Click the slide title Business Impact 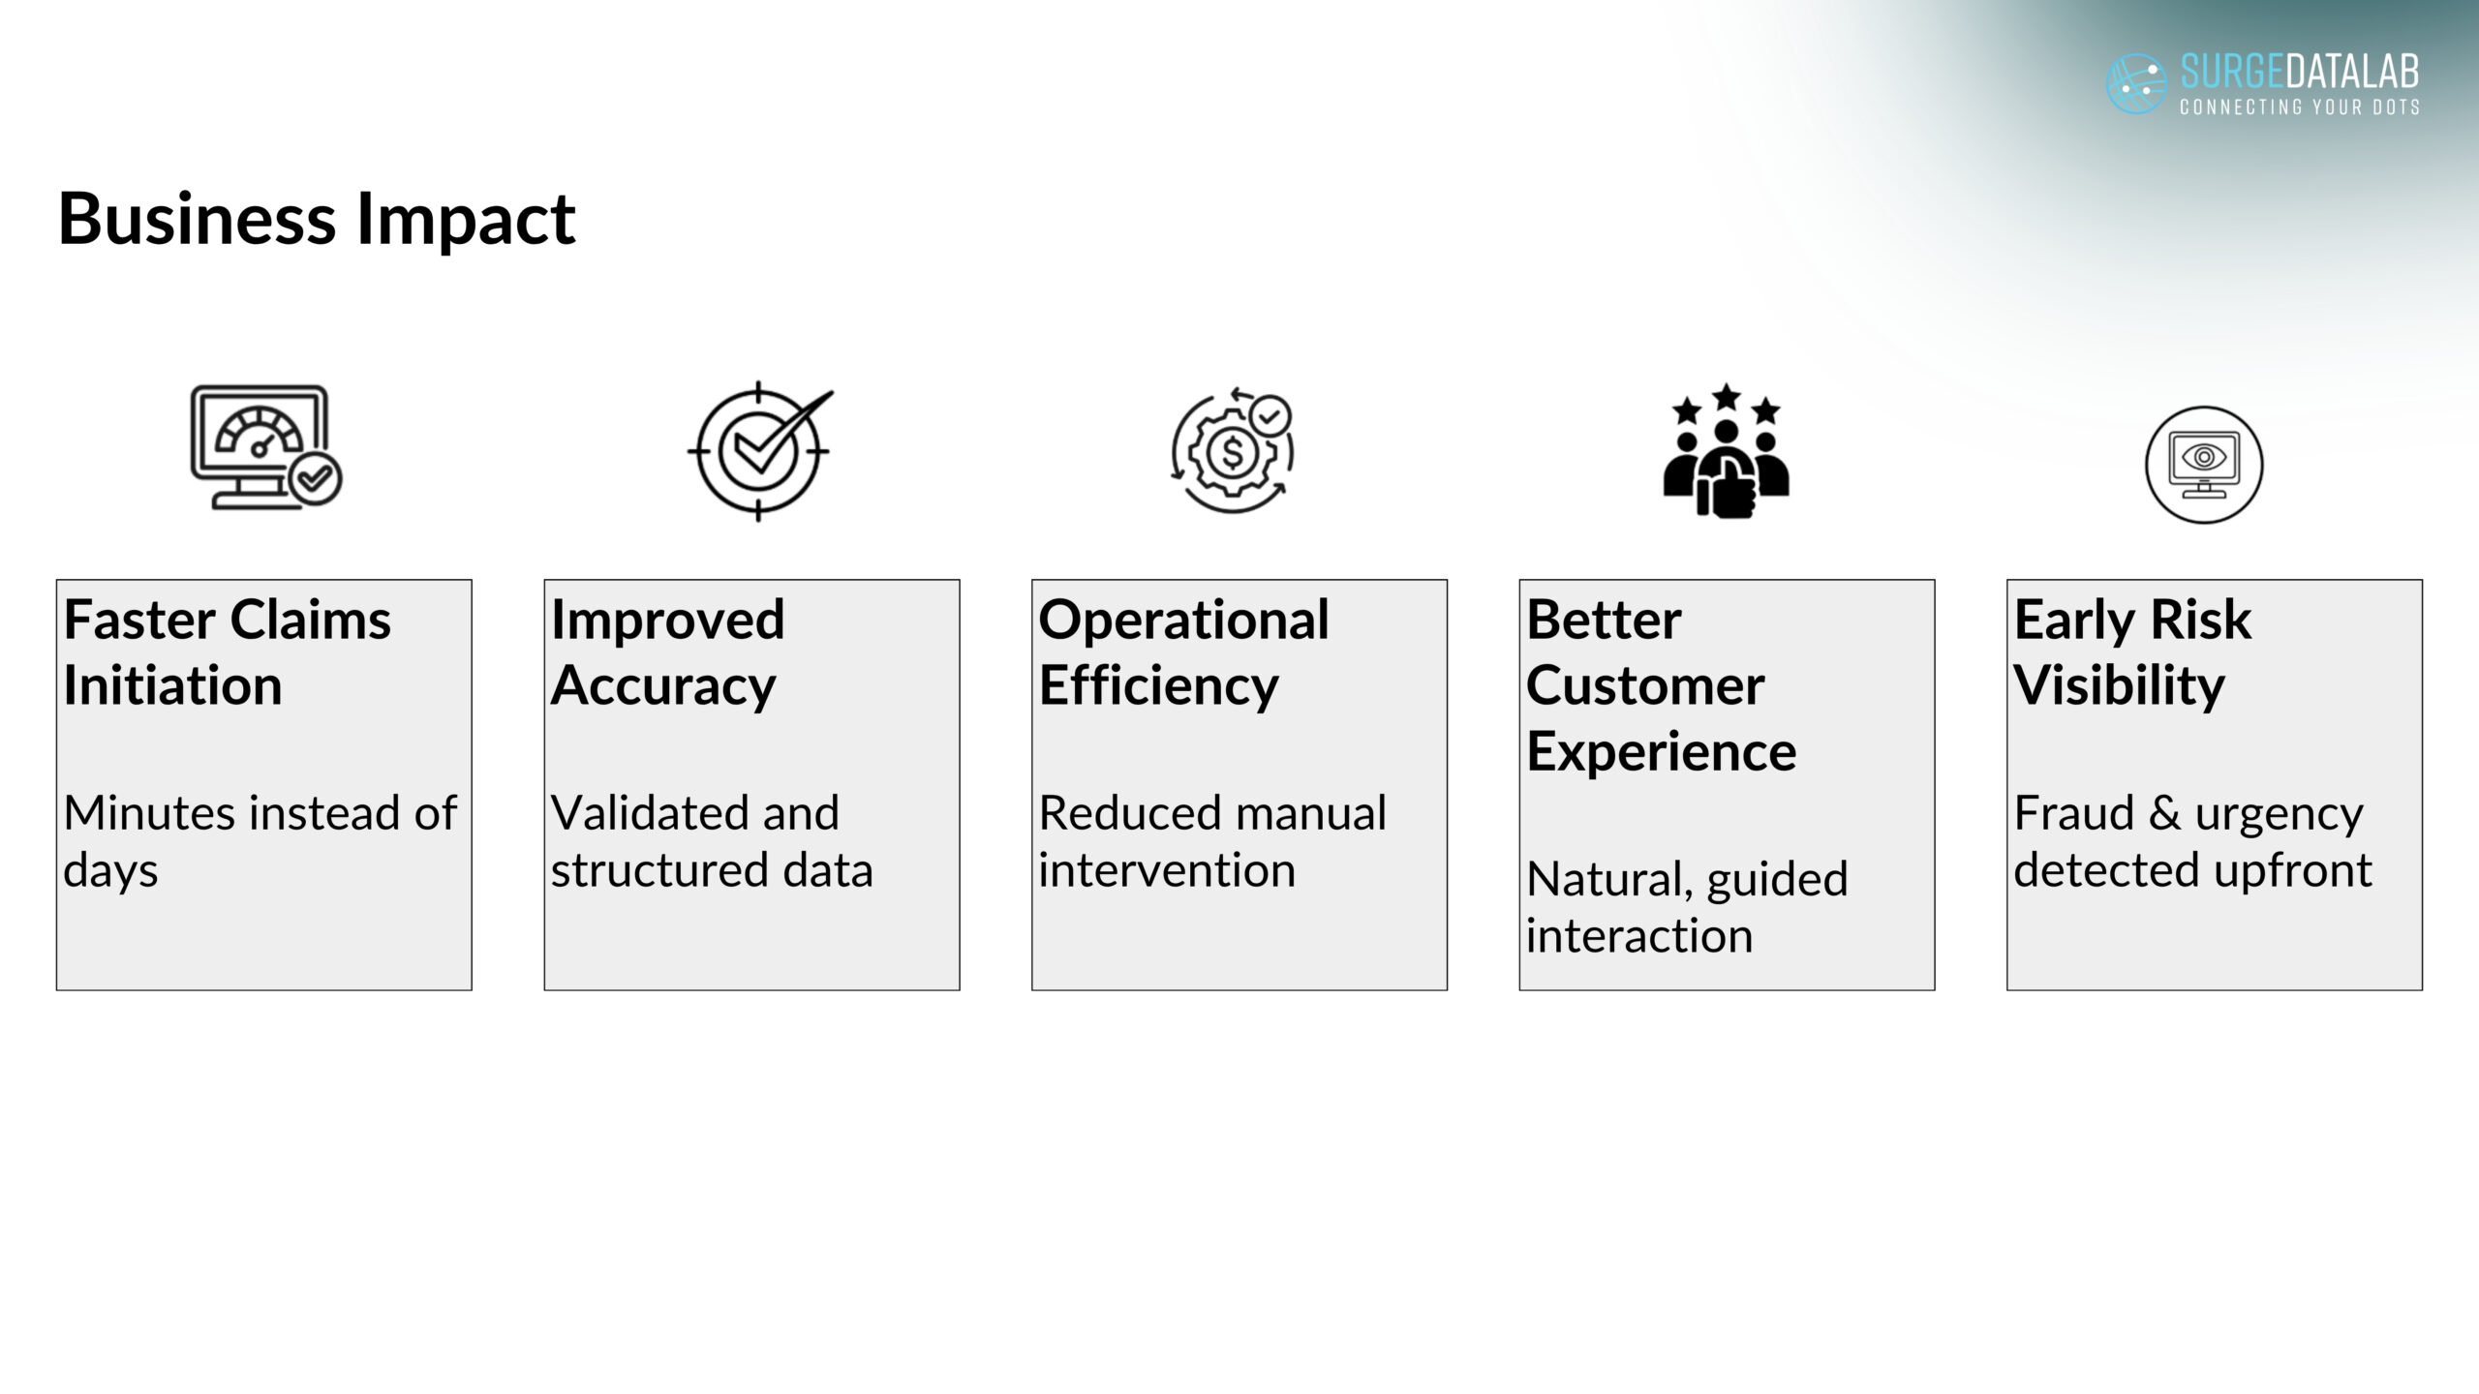pos(317,220)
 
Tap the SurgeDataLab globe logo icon pos(2136,83)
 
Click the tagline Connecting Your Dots pos(2300,106)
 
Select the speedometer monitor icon pos(265,447)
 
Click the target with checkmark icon pos(760,451)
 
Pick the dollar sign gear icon pos(1233,451)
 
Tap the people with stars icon pos(1727,451)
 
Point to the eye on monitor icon pos(2204,464)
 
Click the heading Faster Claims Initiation pos(228,652)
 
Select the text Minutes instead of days pos(260,840)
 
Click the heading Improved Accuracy pos(668,652)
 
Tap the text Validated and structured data pos(712,840)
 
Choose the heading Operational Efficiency pos(1183,652)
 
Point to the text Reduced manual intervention pos(1212,840)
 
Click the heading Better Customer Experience pos(1661,685)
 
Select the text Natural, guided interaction pos(1687,907)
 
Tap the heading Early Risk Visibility pos(2132,652)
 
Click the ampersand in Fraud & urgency pos(2164,813)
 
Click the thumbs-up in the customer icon pos(1727,490)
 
